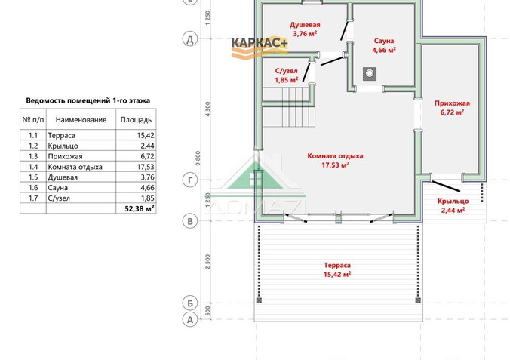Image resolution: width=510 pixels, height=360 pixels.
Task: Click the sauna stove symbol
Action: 370,74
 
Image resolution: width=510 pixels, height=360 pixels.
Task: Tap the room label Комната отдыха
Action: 335,156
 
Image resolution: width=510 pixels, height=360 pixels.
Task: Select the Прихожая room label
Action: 452,103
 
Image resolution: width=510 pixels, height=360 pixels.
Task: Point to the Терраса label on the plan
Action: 337,265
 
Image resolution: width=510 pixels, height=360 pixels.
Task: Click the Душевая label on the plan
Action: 305,25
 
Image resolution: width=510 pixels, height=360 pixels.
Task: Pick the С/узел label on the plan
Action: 286,71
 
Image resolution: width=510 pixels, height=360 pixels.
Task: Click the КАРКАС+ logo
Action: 260,47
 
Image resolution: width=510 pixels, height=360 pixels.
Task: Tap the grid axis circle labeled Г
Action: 190,180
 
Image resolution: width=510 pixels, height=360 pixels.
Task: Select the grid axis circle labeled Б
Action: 190,303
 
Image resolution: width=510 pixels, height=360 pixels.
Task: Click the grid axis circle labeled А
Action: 190,320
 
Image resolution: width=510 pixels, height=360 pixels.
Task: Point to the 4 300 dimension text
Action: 208,109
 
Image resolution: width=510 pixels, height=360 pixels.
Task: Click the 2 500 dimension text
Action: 208,262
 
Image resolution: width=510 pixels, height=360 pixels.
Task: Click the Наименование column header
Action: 81,120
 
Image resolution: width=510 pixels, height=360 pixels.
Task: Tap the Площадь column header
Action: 136,120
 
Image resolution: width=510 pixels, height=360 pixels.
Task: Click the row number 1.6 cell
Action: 33,187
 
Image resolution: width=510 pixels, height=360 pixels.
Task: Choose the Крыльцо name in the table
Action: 63,146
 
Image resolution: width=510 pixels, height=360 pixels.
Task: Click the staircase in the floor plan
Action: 289,106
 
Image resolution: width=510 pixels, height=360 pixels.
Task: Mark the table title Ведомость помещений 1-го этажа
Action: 88,100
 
